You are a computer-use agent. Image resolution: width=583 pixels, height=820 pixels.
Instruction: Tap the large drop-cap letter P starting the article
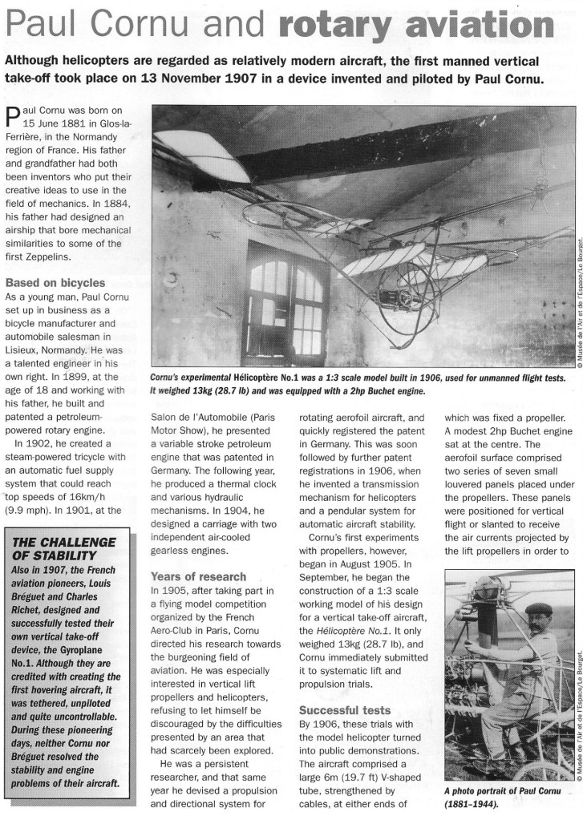pos(13,119)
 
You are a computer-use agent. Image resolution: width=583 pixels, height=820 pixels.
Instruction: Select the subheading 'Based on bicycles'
pos(55,282)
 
